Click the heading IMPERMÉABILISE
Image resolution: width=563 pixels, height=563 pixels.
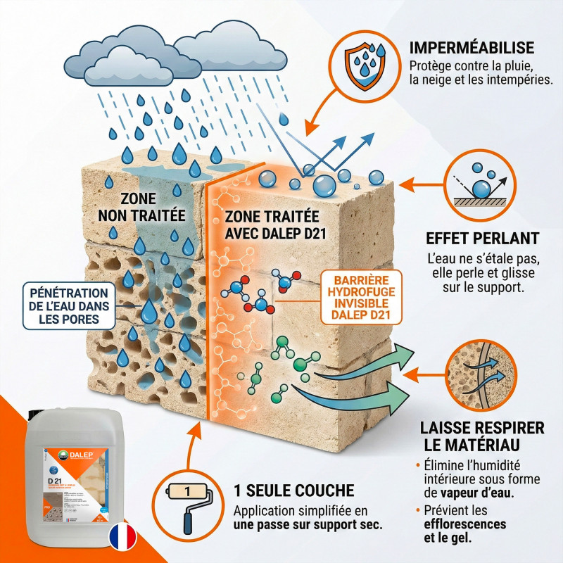pyautogui.click(x=472, y=48)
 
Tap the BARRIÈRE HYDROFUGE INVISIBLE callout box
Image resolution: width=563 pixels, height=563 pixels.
pyautogui.click(x=361, y=296)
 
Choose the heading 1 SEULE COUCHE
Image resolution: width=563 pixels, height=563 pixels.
pyautogui.click(x=293, y=490)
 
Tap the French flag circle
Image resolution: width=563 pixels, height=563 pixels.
pyautogui.click(x=124, y=536)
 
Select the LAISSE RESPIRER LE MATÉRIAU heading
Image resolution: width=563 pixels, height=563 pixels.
pyautogui.click(x=482, y=436)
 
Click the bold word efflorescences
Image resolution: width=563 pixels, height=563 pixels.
pyautogui.click(x=464, y=524)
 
